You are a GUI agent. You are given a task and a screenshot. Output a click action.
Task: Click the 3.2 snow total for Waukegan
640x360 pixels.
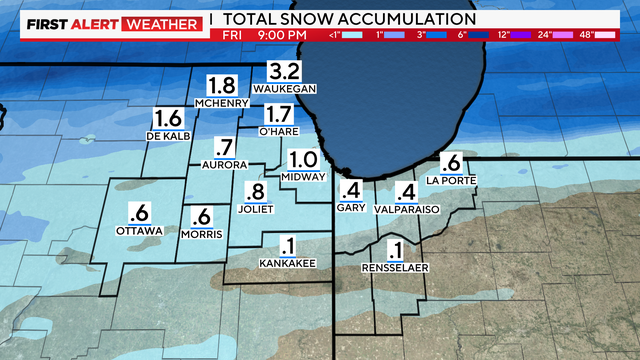coord(285,70)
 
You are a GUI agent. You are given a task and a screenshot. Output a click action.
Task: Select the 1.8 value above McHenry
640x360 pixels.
coord(222,86)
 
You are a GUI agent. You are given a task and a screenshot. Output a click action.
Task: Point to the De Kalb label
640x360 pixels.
coord(168,134)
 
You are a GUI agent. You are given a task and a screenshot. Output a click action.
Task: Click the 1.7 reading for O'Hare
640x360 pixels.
coord(279,114)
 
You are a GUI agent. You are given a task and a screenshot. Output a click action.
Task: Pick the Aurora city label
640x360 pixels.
coord(224,163)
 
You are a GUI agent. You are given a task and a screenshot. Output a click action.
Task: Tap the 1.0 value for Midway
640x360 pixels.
coord(304,160)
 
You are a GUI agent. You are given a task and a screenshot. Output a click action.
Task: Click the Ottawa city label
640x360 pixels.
coord(138,230)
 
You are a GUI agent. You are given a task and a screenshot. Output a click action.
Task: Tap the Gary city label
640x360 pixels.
coord(351,210)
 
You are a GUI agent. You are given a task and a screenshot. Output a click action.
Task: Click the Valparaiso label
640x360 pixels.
coord(405,211)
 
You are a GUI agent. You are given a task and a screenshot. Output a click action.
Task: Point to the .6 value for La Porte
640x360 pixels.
coord(451,163)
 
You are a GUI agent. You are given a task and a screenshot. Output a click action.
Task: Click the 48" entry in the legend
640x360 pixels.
coord(612,36)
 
